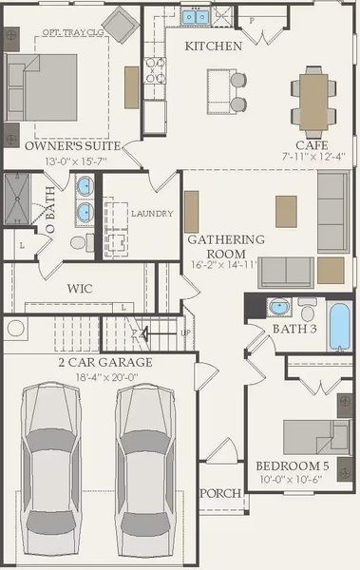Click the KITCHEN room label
click(213, 46)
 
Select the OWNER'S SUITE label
click(72, 146)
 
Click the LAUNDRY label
click(152, 214)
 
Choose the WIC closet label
click(79, 288)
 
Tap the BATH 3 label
click(294, 329)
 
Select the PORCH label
click(220, 493)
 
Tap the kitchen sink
click(197, 16)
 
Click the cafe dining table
click(313, 92)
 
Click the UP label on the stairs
click(185, 333)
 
